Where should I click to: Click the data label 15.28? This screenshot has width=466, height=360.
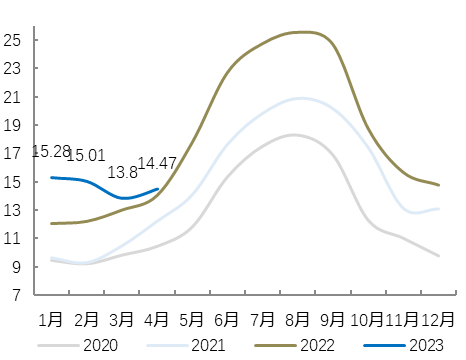(50, 152)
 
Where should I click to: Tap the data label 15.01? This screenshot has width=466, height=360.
(86, 155)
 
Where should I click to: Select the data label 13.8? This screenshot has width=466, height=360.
(121, 172)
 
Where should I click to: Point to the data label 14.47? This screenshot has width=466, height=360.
(157, 162)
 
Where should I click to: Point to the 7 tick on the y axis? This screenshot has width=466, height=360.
(16, 295)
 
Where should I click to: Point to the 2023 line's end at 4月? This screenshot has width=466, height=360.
(157, 189)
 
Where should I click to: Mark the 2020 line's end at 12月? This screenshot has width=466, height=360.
(439, 256)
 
